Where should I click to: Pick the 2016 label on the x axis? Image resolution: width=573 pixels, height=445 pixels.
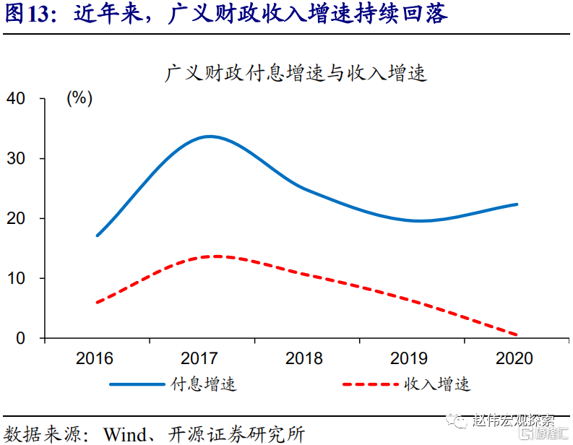tap(95, 359)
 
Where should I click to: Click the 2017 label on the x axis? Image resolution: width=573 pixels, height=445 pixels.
tap(200, 359)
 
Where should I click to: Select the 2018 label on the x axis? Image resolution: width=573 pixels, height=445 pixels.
tap(305, 359)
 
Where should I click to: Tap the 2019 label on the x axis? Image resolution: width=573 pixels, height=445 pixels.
tap(409, 359)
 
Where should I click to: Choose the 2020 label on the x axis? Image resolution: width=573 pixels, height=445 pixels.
tap(514, 359)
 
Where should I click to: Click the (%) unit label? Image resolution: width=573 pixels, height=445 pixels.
tap(79, 99)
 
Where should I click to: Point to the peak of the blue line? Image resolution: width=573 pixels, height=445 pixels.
tap(210, 137)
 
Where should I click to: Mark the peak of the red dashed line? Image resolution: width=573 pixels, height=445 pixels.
tap(215, 256)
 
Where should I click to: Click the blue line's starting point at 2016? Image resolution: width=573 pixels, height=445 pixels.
tap(97, 236)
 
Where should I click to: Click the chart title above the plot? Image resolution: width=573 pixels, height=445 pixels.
tap(296, 73)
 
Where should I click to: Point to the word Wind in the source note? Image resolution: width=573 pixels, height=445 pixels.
tap(126, 433)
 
